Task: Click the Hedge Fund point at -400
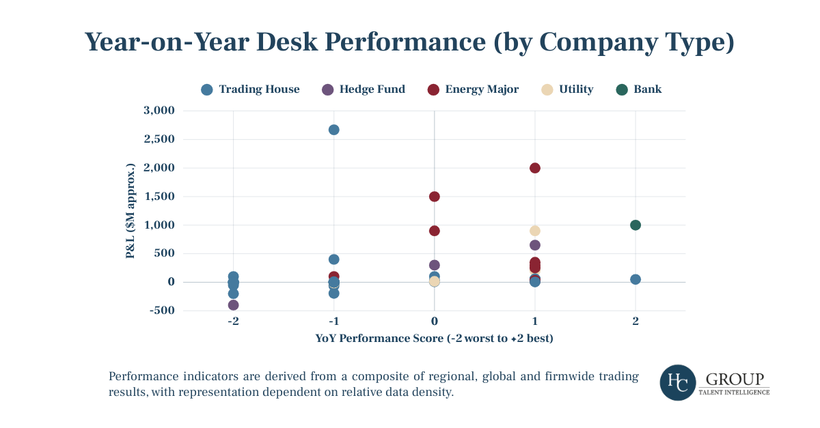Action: pyautogui.click(x=233, y=305)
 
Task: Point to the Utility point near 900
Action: pyautogui.click(x=535, y=231)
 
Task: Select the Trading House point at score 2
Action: pyautogui.click(x=635, y=279)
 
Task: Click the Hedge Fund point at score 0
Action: pyautogui.click(x=435, y=265)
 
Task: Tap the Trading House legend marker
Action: pyautogui.click(x=207, y=89)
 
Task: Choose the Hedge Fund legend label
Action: pyautogui.click(x=372, y=89)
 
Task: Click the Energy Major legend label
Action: pyautogui.click(x=482, y=89)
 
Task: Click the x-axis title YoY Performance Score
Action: pyautogui.click(x=434, y=339)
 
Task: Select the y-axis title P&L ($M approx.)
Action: pyautogui.click(x=130, y=211)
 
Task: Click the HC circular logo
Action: pyautogui.click(x=678, y=382)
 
